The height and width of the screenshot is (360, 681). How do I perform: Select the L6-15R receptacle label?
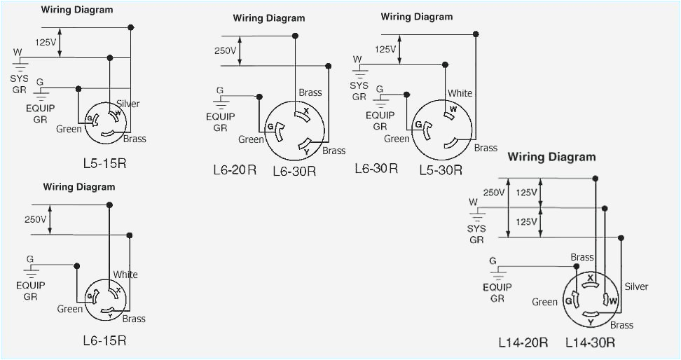[104, 340]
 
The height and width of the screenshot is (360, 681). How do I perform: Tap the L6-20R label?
[235, 169]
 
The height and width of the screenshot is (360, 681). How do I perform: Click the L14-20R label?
[523, 342]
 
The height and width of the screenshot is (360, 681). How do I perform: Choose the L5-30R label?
[441, 169]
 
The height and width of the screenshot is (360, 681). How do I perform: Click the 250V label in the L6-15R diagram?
[35, 219]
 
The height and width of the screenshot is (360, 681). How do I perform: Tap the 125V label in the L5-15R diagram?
[46, 42]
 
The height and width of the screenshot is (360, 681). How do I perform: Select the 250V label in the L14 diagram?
[493, 193]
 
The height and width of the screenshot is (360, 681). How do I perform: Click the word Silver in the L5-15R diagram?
[128, 104]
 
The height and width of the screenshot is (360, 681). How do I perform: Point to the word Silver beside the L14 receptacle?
[636, 286]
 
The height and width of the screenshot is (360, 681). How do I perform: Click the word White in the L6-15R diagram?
[125, 275]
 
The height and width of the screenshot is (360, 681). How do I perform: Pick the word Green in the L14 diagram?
[544, 302]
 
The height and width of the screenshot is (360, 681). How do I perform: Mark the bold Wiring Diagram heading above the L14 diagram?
[551, 157]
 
